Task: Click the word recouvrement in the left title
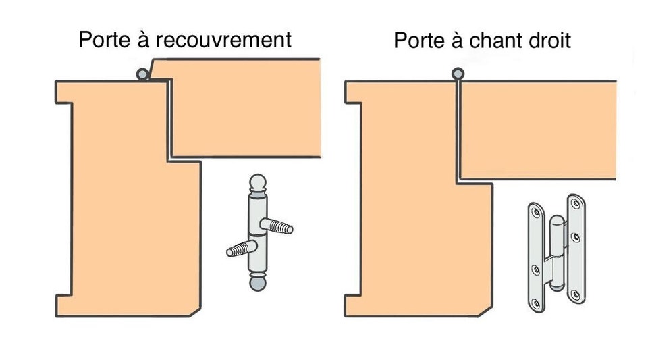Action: pos(223,40)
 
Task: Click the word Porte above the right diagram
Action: pos(421,41)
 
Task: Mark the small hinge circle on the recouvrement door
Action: pos(142,74)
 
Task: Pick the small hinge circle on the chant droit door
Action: pos(458,74)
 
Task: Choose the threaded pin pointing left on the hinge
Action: pos(238,251)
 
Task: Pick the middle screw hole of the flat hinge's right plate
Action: pos(575,238)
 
